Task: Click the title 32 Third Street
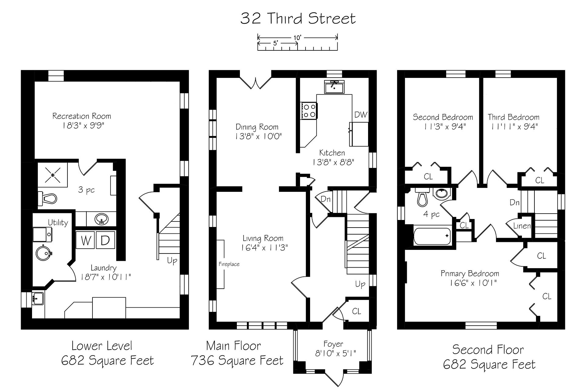[x=298, y=18]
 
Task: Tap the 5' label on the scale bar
[x=276, y=43]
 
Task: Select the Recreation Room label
[x=82, y=116]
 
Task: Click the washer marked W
[x=85, y=240]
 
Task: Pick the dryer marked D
[x=105, y=240]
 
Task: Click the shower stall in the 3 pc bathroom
[x=52, y=175]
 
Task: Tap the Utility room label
[x=58, y=223]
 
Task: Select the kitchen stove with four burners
[x=309, y=110]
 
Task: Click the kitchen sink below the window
[x=335, y=87]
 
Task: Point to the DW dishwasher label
[x=360, y=115]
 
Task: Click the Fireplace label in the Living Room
[x=229, y=264]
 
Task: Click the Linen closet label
[x=522, y=226]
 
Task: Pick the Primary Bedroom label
[x=470, y=274]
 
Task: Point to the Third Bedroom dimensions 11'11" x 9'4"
[x=514, y=126]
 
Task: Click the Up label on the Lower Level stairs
[x=172, y=261]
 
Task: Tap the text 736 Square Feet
[x=237, y=361]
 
